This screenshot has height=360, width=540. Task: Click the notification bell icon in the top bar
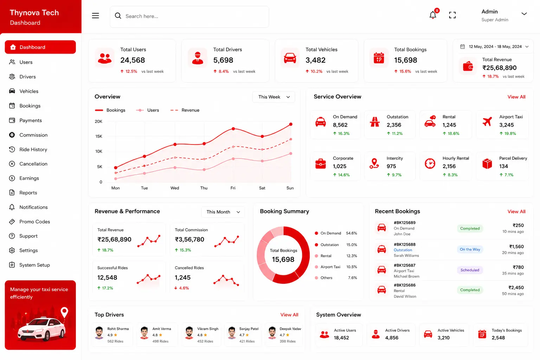pos(433,15)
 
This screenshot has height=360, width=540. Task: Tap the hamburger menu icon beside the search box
pos(96,16)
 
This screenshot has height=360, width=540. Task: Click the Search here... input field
pos(189,17)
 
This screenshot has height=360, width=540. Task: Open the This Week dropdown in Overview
pos(274,97)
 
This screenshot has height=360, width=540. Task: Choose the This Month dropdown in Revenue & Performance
pos(223,212)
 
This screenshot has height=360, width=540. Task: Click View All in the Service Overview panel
pos(516,97)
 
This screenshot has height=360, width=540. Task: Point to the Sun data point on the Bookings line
pos(291,124)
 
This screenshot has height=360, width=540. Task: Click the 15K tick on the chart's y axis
pos(98,136)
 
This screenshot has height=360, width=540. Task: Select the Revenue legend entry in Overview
pos(185,110)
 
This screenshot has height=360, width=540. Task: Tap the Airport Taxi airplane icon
pos(487,122)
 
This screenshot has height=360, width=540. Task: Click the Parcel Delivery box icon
pos(487,164)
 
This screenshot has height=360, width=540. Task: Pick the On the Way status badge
pos(470,250)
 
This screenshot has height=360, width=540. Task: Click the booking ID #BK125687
pos(405,265)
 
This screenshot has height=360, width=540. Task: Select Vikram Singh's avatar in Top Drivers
pos(189,333)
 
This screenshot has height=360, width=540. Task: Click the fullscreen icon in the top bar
pos(452,15)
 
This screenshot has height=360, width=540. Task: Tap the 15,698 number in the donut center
pos(283,259)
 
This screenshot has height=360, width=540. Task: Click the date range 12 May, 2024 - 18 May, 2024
pos(495,46)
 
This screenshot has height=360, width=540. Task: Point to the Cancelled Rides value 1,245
pos(182,277)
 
